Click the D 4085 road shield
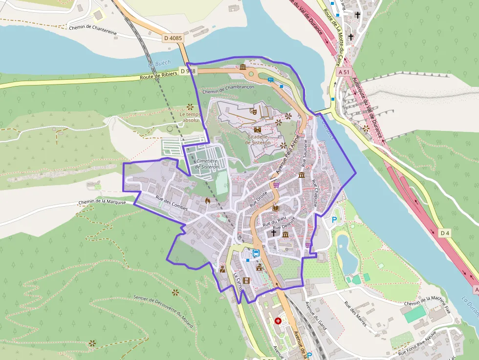tap(173, 37)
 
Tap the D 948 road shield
tap(188, 71)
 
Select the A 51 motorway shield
tap(344, 71)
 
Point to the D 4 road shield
tap(444, 233)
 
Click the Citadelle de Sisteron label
tap(259, 140)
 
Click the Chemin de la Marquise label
tap(102, 202)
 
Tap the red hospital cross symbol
tap(278, 321)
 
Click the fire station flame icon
tap(208, 200)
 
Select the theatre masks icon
tap(253, 111)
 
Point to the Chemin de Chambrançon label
tap(228, 89)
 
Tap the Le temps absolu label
tap(190, 117)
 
